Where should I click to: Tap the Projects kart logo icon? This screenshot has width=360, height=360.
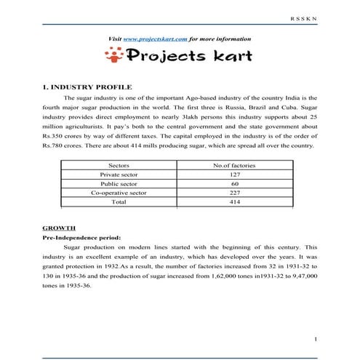[113, 56]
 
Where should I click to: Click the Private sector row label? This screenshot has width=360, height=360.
[118, 175]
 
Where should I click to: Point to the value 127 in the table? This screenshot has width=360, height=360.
[234, 175]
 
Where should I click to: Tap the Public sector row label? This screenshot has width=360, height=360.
[118, 184]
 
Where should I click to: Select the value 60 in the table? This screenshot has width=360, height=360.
[234, 184]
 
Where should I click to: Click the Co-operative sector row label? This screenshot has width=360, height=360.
[118, 193]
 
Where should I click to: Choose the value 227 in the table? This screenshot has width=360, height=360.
[234, 193]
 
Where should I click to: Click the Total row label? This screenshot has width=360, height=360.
[118, 202]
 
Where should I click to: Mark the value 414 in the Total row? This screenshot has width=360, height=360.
[234, 202]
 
